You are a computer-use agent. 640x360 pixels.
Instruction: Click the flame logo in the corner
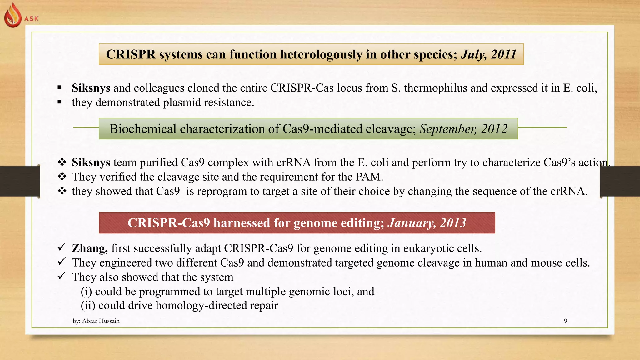click(13, 16)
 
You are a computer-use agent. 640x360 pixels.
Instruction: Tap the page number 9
click(565, 321)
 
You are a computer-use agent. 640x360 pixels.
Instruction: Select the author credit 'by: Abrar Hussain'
click(96, 321)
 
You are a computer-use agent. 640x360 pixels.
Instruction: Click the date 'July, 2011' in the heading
click(488, 54)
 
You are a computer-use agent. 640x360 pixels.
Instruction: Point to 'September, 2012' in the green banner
click(463, 129)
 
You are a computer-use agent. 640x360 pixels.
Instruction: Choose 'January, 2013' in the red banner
click(427, 223)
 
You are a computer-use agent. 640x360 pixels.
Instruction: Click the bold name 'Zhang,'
click(90, 248)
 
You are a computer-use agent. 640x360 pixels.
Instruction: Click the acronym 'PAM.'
click(369, 177)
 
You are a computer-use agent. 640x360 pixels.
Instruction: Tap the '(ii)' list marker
click(88, 305)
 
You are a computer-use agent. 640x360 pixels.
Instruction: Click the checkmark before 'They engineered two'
click(62, 261)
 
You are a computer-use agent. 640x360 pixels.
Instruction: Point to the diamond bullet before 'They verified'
click(62, 177)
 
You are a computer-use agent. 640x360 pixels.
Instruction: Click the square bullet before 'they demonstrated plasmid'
click(59, 102)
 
